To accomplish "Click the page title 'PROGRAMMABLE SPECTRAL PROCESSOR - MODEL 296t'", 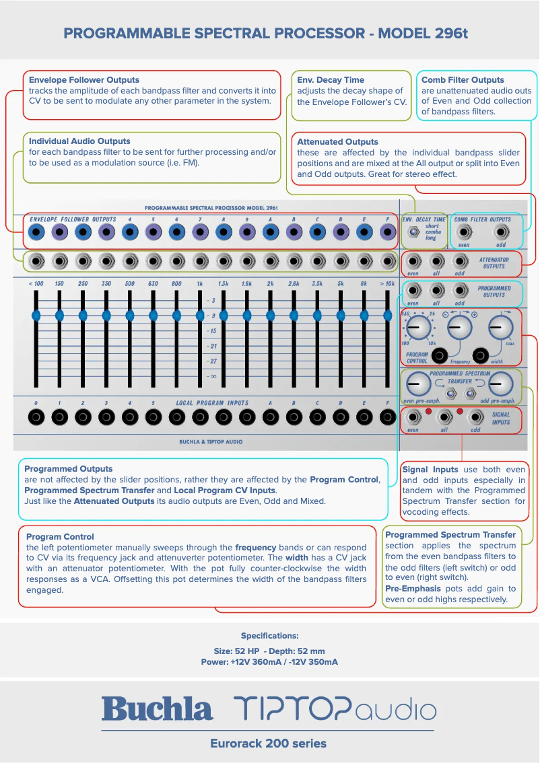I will pos(269,32).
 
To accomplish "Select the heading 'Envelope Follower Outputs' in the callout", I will pos(84,80).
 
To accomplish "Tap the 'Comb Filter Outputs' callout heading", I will pos(463,80).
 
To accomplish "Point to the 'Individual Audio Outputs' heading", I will pos(79,141).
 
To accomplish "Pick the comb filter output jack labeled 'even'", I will pos(463,233).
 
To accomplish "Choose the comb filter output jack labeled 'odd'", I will pos(500,233).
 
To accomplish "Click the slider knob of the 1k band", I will pos(199,314).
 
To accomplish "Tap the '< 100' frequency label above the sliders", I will pos(36,284).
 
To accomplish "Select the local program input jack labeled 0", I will pos(36,417).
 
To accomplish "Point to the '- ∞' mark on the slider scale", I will pos(211,376).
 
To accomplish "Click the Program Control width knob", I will pos(499,328).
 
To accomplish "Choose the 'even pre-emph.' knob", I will pos(418,384).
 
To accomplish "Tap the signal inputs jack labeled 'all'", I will pos(443,417).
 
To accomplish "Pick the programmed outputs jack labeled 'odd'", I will pos(460,291).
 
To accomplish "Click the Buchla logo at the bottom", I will pos(157,709).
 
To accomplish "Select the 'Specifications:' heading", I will pos(269,636).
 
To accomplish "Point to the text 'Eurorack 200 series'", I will pos(268,743).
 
